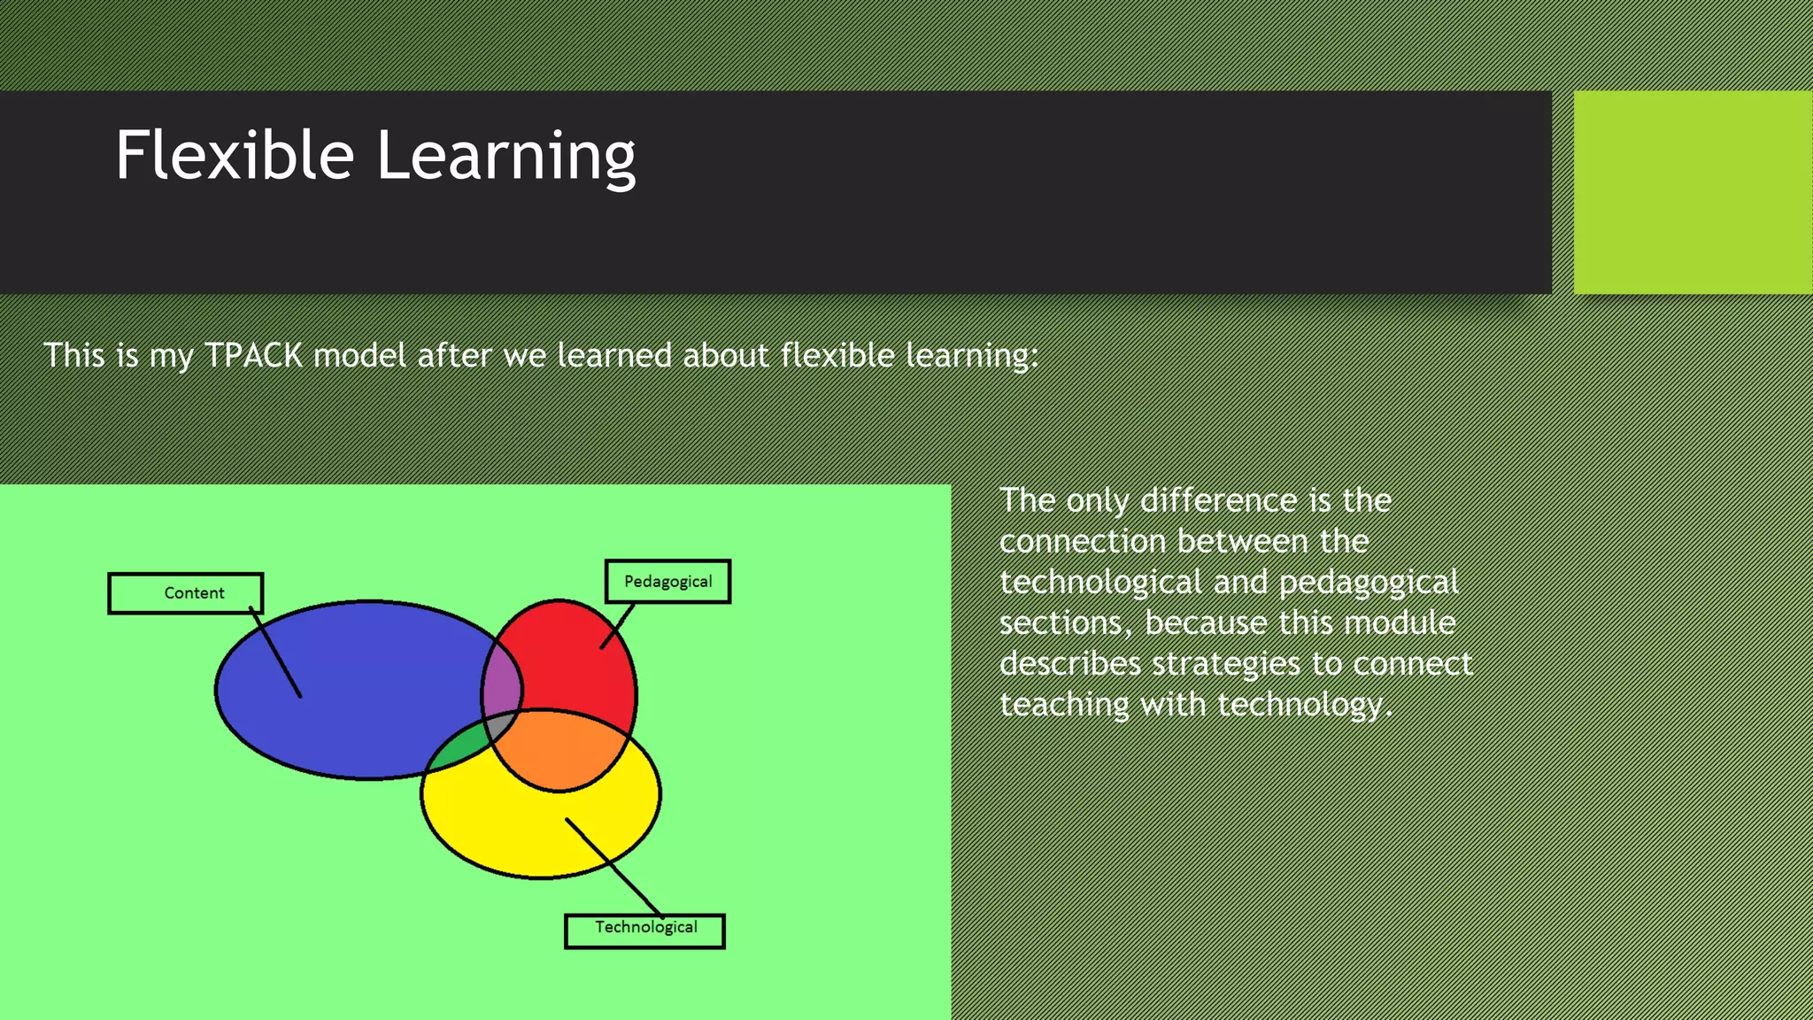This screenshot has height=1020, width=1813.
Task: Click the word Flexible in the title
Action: [235, 156]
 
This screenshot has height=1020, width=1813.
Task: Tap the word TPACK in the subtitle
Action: [254, 356]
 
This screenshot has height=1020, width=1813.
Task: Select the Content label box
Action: [186, 593]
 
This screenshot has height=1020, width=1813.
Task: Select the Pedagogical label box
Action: [667, 582]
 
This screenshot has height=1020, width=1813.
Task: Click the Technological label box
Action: [644, 931]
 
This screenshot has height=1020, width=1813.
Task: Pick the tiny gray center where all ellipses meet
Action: [500, 727]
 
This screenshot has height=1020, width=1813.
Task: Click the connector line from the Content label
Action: [276, 653]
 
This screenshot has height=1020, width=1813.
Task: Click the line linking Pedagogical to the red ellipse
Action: [618, 625]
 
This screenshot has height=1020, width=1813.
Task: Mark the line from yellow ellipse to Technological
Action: [613, 866]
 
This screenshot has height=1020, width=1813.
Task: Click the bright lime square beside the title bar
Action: [1693, 192]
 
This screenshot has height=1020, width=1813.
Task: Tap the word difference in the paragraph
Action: [1216, 501]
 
